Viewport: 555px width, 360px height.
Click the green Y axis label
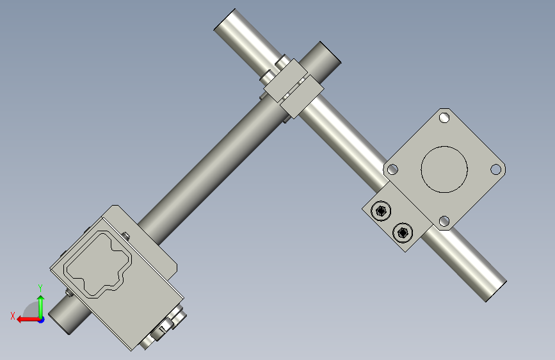40,288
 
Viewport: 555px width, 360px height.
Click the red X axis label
13,316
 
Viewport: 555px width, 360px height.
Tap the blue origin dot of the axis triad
42,320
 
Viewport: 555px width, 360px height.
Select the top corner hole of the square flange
444,117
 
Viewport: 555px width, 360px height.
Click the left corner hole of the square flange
392,170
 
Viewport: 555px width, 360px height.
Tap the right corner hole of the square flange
496,169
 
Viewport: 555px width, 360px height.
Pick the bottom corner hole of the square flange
444,222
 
